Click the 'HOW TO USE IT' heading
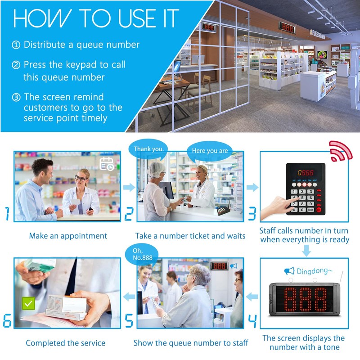click(x=95, y=19)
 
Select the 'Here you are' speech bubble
click(x=210, y=151)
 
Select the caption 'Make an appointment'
click(x=68, y=236)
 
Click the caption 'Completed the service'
click(x=65, y=343)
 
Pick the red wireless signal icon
click(x=340, y=151)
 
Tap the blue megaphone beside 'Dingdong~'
click(x=289, y=270)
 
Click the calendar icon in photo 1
click(x=107, y=164)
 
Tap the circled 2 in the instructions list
click(x=16, y=65)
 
